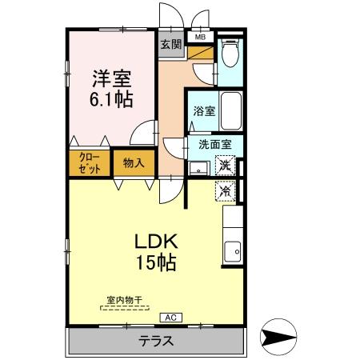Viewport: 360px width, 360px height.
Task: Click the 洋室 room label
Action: pyautogui.click(x=112, y=78)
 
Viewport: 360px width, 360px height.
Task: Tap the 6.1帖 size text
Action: pyautogui.click(x=111, y=99)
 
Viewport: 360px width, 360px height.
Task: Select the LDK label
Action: pyautogui.click(x=156, y=242)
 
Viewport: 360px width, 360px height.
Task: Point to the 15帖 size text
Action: pyautogui.click(x=156, y=262)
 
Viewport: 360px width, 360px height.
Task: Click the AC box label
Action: pyautogui.click(x=170, y=318)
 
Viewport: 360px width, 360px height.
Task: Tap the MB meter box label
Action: pyautogui.click(x=200, y=37)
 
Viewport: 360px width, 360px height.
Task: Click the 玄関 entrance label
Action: pyautogui.click(x=171, y=44)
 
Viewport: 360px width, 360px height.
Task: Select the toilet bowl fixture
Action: pyautogui.click(x=230, y=53)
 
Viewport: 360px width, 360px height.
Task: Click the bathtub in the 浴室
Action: pyautogui.click(x=231, y=110)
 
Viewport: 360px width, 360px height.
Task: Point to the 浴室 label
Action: pyautogui.click(x=204, y=111)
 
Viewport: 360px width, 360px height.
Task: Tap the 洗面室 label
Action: pyautogui.click(x=215, y=144)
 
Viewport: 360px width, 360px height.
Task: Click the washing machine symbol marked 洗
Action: pyautogui.click(x=226, y=166)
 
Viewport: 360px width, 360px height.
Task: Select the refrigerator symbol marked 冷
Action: pyautogui.click(x=226, y=191)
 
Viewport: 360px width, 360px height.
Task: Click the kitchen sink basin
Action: pyautogui.click(x=233, y=252)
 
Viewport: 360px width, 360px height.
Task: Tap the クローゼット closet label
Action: pyautogui.click(x=90, y=163)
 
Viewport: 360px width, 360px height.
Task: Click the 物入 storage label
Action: pyautogui.click(x=134, y=162)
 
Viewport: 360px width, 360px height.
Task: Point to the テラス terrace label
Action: pyautogui.click(x=156, y=341)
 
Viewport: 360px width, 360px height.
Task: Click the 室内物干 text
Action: pyautogui.click(x=124, y=300)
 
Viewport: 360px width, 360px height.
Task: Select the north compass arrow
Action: pyautogui.click(x=278, y=337)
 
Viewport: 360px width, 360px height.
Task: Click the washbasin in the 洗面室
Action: pyautogui.click(x=199, y=168)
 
